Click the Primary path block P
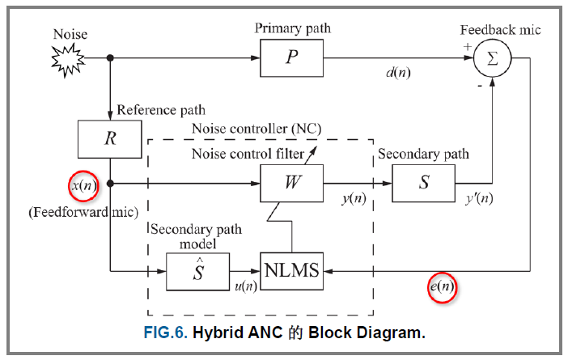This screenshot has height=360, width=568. click(x=291, y=58)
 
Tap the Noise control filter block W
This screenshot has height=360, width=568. click(x=291, y=183)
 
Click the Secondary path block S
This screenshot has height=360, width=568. click(x=423, y=183)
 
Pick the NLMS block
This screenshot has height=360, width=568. click(x=291, y=270)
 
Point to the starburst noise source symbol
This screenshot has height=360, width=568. click(x=68, y=58)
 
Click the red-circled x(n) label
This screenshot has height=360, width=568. click(x=83, y=185)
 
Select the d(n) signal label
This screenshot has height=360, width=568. click(x=397, y=73)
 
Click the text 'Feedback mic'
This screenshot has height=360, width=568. click(x=500, y=30)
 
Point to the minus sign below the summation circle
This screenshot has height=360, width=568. click(x=481, y=83)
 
